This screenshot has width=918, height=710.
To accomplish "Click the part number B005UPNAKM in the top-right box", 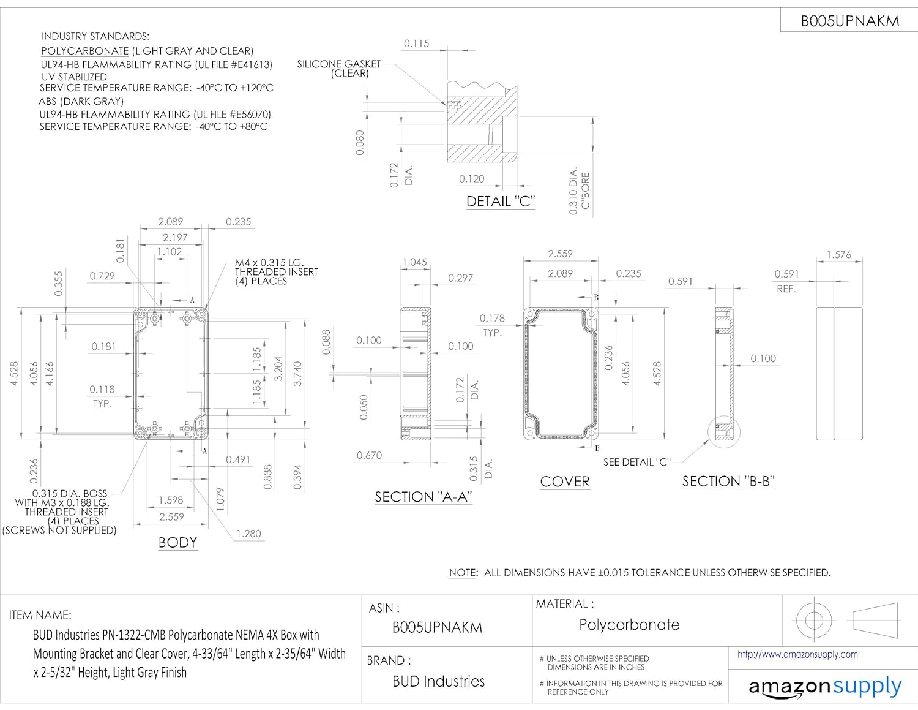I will (849, 21).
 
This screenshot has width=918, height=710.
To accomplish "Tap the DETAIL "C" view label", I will (501, 202).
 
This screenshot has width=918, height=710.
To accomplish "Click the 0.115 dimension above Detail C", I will (416, 43).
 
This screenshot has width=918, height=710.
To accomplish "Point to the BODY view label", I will (177, 543).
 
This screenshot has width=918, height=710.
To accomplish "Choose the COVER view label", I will (565, 482).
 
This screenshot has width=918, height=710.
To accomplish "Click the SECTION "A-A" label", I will (424, 497).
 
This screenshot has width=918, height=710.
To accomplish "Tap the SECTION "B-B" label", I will (728, 482).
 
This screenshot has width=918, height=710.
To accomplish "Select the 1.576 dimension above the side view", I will (838, 254).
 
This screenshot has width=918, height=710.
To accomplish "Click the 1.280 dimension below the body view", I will (248, 534).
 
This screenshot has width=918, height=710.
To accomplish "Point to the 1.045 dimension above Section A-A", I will (414, 262).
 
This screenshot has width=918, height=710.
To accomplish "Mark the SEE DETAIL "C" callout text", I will (637, 462).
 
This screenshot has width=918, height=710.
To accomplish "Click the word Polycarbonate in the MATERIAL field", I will (629, 625).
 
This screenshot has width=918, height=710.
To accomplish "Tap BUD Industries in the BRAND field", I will (438, 681).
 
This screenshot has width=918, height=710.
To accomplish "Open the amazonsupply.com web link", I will (797, 654).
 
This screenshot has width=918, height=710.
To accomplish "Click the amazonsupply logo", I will (825, 687).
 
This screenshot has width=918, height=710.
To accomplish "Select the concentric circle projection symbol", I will (813, 620).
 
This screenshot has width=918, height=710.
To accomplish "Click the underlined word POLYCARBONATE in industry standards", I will (84, 51).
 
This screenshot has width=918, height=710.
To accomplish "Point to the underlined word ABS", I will (47, 102).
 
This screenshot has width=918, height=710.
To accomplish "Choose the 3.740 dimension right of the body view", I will (297, 374).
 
